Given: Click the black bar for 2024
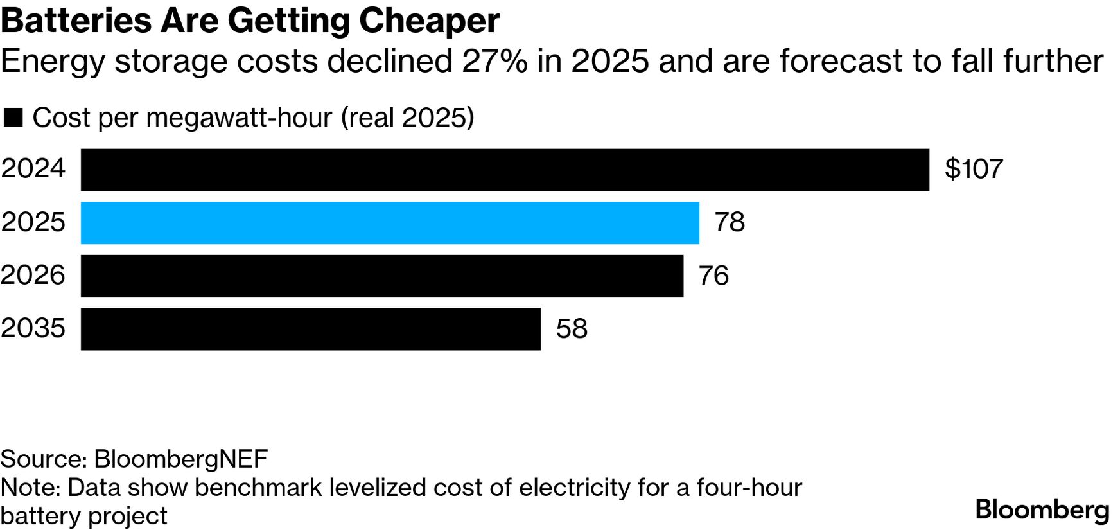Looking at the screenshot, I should tap(505, 170).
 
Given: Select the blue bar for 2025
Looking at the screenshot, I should tap(390, 223).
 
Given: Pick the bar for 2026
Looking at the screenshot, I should tap(382, 276).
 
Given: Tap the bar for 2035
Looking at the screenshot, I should tap(311, 329).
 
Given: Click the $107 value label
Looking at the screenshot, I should tap(974, 169).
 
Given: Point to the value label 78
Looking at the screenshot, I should tap(730, 222).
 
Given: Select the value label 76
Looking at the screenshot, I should tap(713, 276).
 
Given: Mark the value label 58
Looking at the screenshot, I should tap(572, 329).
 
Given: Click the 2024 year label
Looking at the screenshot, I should tap(33, 169).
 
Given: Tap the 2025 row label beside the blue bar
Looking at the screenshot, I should tap(33, 222).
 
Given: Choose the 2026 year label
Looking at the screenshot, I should tap(33, 276).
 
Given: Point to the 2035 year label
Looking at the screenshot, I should tap(33, 328).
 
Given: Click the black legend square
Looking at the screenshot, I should tap(13, 118).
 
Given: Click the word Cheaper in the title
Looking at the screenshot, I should tap(429, 21).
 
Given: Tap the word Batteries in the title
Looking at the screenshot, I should tap(76, 21).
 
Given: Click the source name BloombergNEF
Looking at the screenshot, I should tap(181, 459).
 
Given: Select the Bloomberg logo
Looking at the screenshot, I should tap(1042, 510).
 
